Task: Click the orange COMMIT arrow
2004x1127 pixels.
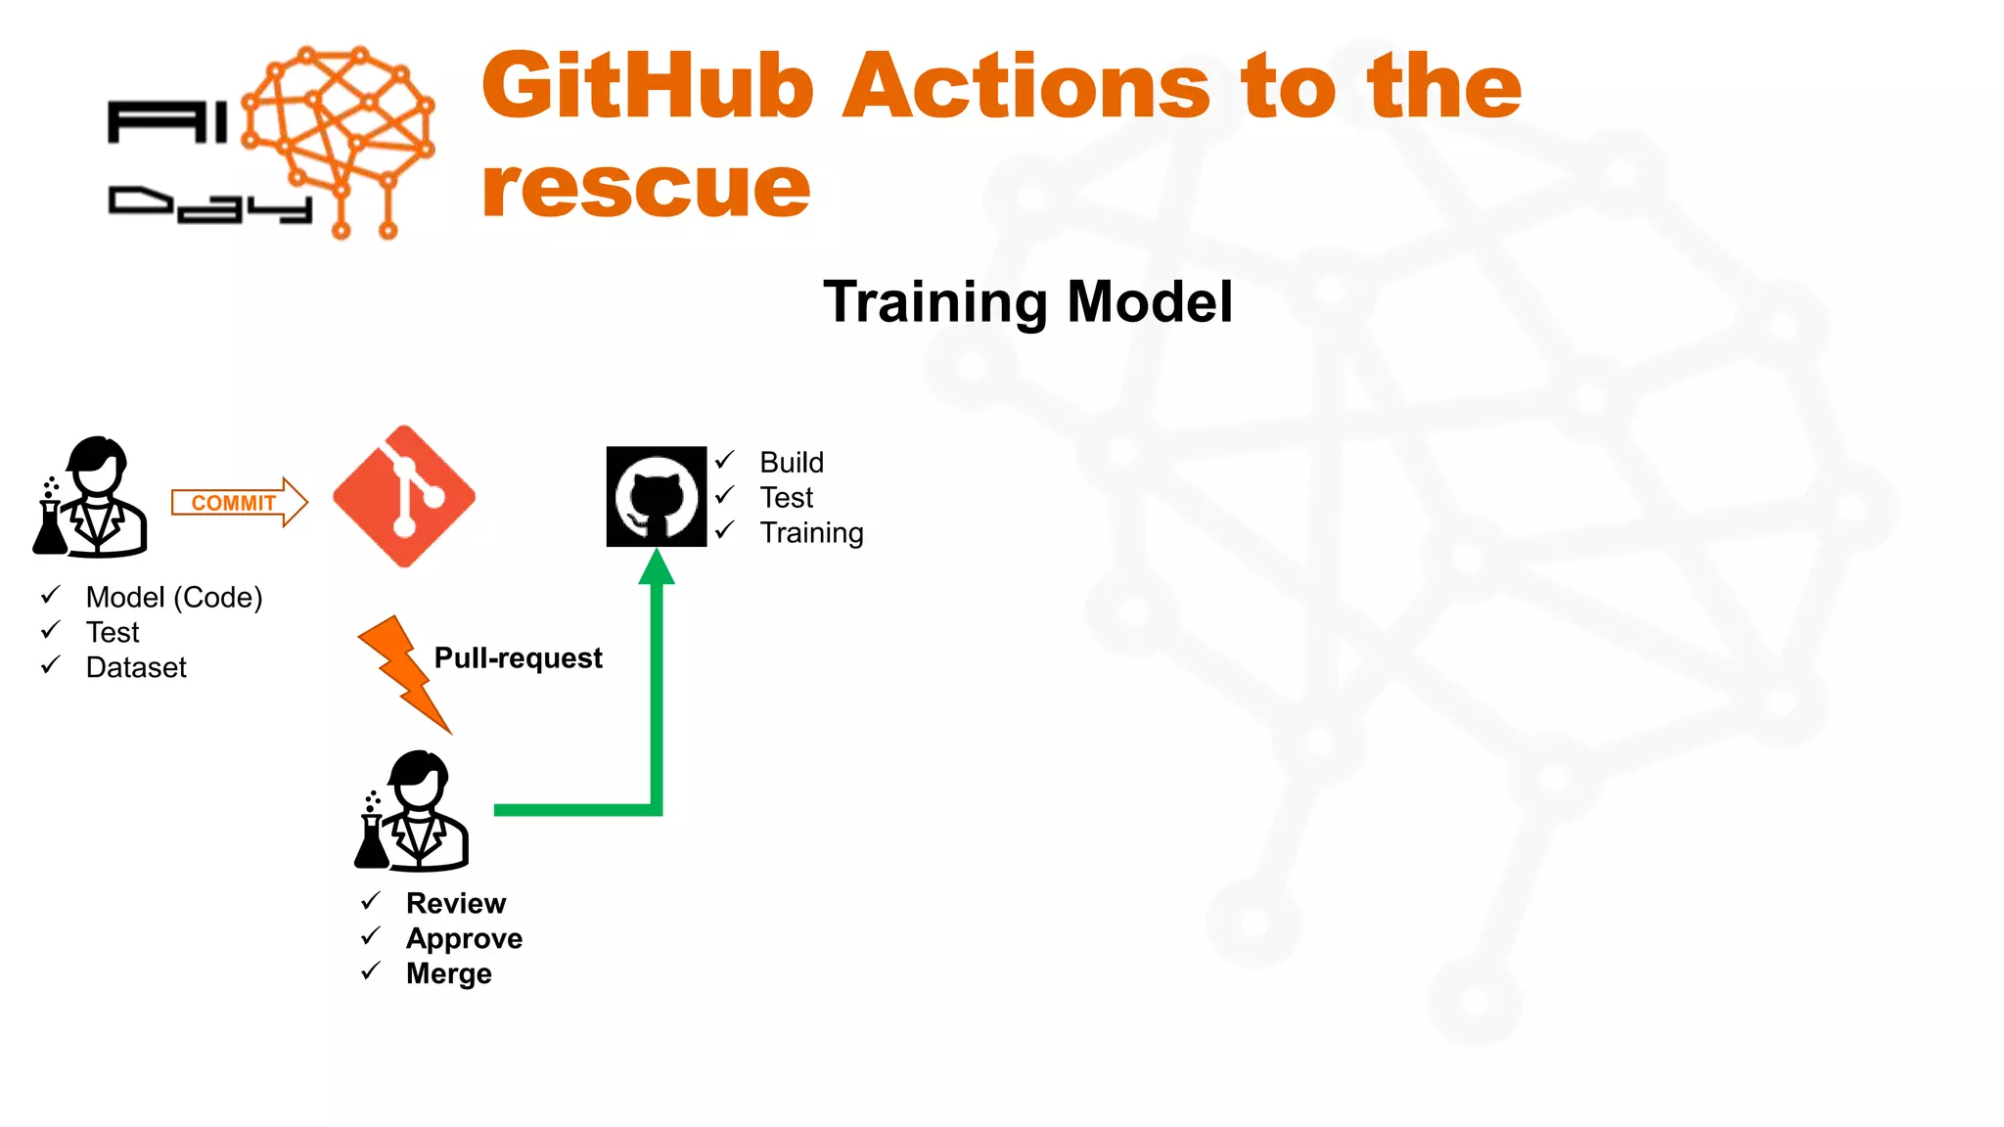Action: tap(239, 502)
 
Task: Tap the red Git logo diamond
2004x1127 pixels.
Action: tap(404, 496)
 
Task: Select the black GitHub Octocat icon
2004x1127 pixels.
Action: tap(656, 497)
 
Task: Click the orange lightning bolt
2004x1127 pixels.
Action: tap(403, 673)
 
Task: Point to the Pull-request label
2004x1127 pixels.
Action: tap(518, 657)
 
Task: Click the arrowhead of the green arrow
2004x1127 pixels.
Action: tap(657, 567)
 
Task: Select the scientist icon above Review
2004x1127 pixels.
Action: tap(413, 811)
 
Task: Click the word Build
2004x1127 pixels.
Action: tap(792, 462)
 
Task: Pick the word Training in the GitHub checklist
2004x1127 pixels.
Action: tap(811, 532)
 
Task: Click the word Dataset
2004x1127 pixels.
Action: tap(136, 667)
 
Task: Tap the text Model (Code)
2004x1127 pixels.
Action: tap(174, 597)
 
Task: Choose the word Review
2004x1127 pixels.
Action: tap(456, 903)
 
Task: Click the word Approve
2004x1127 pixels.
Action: tap(464, 938)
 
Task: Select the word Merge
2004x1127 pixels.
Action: tap(449, 973)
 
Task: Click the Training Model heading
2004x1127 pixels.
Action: tap(1027, 301)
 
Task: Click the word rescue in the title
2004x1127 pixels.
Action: tap(646, 187)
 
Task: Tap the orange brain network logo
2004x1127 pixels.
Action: tap(338, 137)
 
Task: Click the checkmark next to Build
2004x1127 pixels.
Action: tap(725, 460)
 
